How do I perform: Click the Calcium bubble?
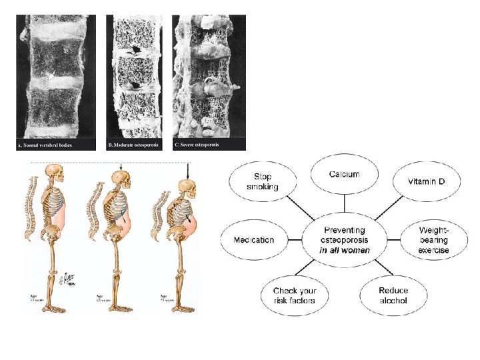[344, 175]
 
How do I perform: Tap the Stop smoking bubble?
[263, 182]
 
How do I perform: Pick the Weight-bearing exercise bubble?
[433, 240]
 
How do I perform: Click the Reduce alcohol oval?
[393, 295]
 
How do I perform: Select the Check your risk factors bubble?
[295, 295]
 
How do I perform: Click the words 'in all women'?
[344, 251]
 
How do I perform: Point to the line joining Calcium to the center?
[344, 204]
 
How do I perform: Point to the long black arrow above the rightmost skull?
[189, 171]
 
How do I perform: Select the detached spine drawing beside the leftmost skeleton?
[31, 207]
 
